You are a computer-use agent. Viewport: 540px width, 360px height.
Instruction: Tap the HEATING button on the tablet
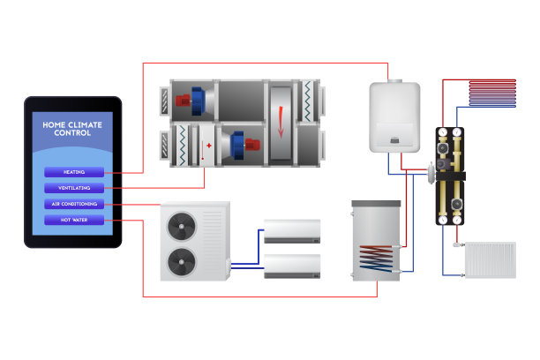(x=74, y=172)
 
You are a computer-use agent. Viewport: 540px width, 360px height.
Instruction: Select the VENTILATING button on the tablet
(x=74, y=188)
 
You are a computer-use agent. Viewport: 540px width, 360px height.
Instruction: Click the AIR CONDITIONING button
(x=74, y=204)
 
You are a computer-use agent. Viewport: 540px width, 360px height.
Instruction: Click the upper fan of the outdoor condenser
(x=184, y=225)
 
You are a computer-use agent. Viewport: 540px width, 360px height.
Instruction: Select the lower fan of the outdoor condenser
(x=184, y=259)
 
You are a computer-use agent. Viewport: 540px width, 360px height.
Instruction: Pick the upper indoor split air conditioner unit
(x=293, y=231)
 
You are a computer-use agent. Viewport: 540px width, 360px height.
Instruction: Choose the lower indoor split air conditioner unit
(x=293, y=266)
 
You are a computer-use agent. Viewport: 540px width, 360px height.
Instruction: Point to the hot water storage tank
(x=376, y=240)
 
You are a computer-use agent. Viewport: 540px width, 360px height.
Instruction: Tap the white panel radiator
(x=488, y=259)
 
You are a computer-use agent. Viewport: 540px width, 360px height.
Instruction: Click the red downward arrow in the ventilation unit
(x=281, y=121)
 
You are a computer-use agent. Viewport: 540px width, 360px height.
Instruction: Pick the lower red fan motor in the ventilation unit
(x=251, y=144)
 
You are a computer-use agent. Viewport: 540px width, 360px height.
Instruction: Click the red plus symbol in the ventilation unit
(x=209, y=144)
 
